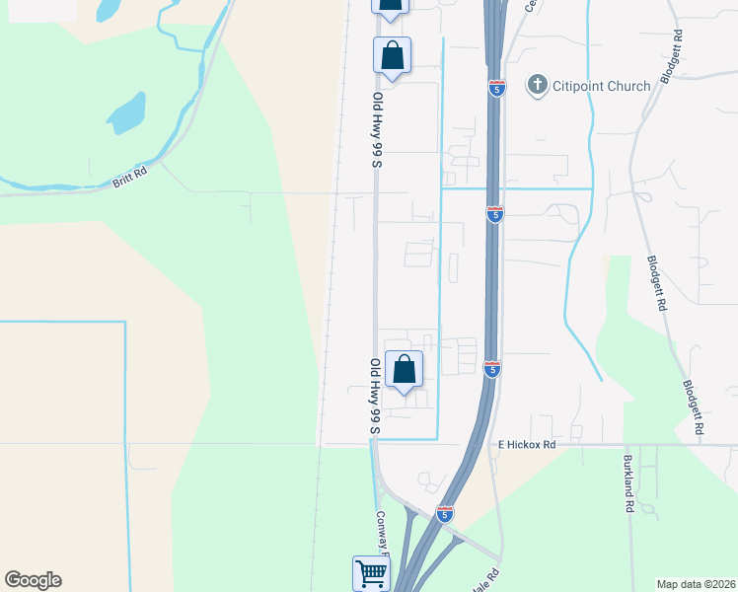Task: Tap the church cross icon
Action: tap(538, 85)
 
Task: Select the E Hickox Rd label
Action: tap(527, 445)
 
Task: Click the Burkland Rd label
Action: tap(627, 483)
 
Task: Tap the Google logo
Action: tap(33, 580)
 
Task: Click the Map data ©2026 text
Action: tap(696, 584)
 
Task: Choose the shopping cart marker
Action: tap(371, 572)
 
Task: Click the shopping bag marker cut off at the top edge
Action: tap(390, 5)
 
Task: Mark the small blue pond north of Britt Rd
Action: tap(126, 113)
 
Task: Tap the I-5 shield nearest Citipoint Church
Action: tap(496, 89)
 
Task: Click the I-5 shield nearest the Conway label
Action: tap(446, 514)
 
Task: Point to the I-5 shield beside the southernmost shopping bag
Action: tap(491, 368)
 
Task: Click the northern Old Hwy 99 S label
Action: tap(377, 129)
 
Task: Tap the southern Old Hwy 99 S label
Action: tap(376, 395)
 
